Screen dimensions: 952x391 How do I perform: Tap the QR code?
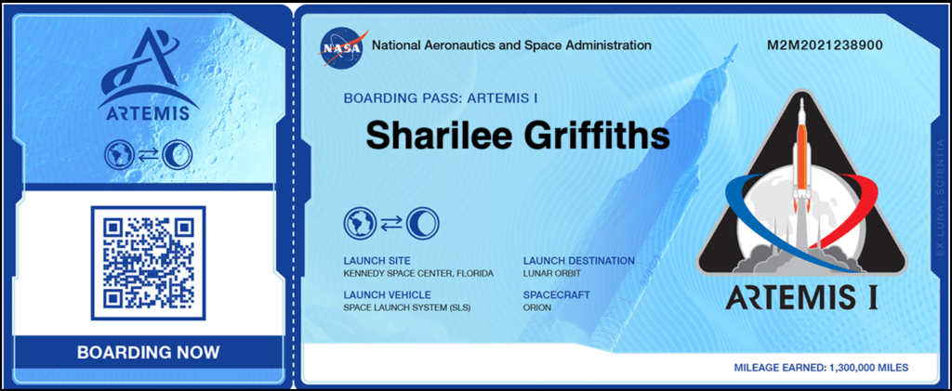tap(148, 263)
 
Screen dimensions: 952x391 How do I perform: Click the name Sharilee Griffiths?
tap(518, 136)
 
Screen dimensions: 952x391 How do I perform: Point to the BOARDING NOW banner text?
tap(149, 352)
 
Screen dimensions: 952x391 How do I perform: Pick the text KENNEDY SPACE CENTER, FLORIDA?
tap(418, 273)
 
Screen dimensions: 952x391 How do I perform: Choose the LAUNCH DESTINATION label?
tap(579, 261)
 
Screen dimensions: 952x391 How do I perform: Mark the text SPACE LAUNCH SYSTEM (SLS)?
tap(407, 307)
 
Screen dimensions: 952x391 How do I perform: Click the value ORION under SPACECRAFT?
tap(537, 307)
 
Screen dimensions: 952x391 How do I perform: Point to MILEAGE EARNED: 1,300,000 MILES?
tap(821, 368)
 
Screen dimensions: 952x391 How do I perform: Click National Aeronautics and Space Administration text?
tap(511, 46)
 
